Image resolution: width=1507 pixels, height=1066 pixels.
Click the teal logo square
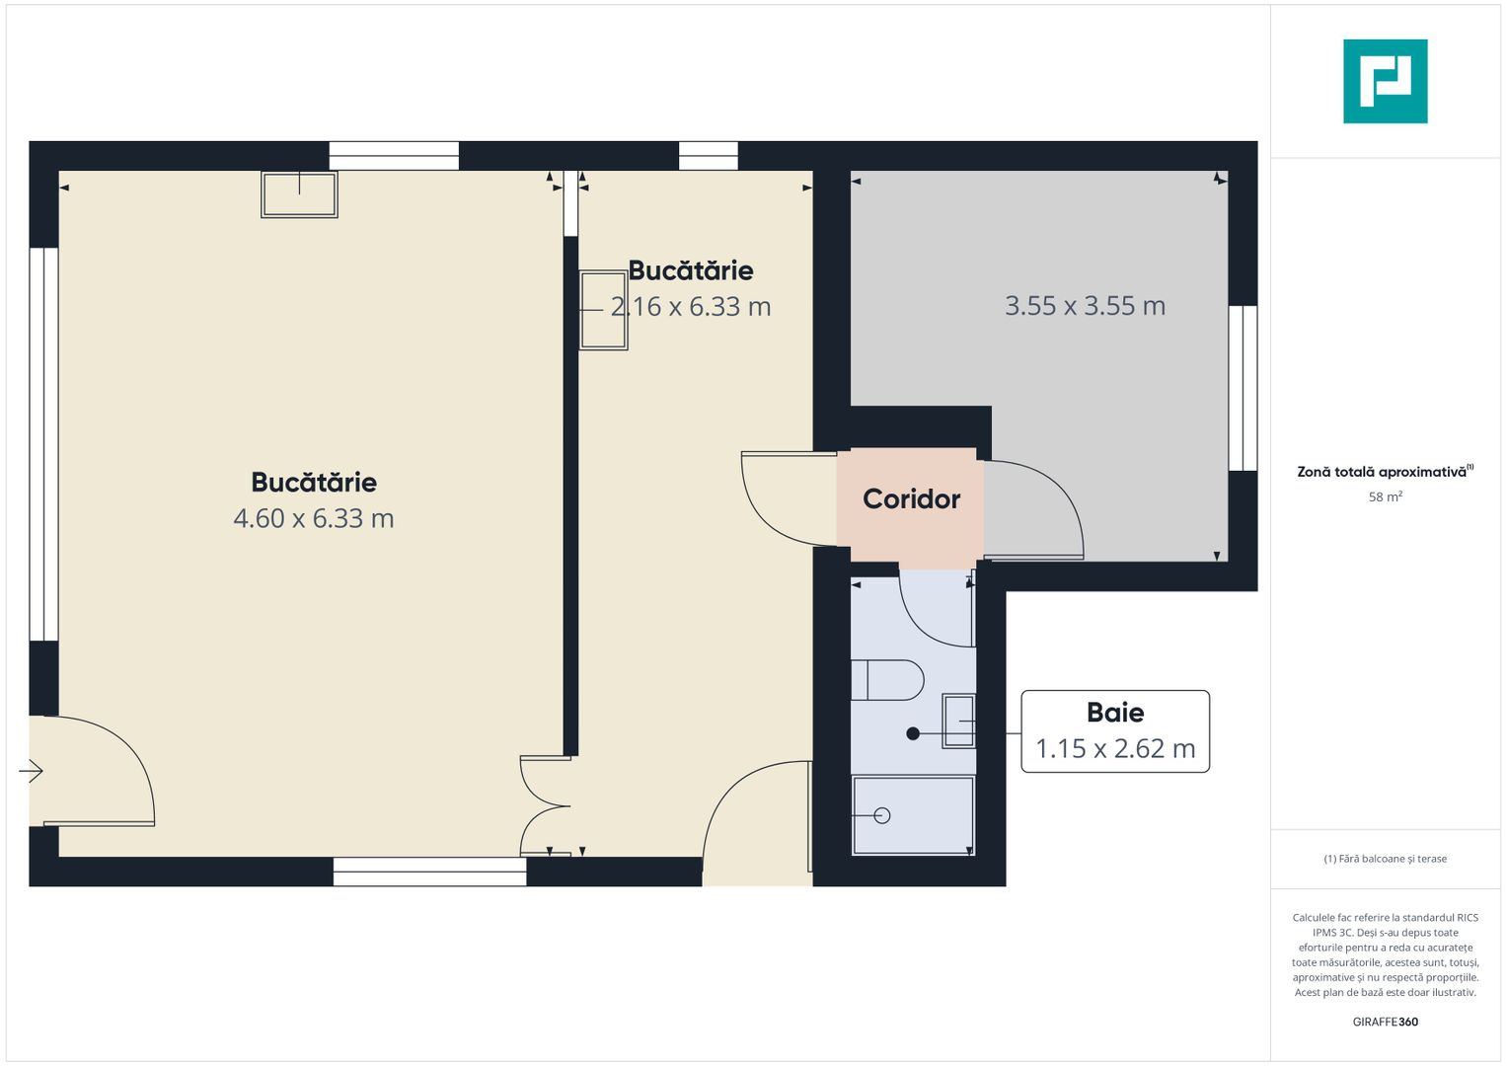1386,81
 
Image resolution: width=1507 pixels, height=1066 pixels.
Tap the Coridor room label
911,499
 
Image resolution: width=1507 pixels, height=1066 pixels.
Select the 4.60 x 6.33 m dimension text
314,518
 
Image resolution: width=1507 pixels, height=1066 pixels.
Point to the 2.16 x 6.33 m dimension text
691,307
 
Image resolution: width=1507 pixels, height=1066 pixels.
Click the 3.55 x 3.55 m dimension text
1086,306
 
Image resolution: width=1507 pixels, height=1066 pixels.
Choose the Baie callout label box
1115,730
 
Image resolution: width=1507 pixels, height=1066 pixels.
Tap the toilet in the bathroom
887,680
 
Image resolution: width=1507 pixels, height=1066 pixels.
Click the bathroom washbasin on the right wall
958,721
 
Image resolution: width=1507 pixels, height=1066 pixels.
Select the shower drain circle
882,815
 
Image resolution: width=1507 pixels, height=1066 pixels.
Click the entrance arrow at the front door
31,771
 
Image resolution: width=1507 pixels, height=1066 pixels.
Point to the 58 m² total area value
1386,496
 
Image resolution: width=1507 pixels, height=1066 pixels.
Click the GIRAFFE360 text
1386,1022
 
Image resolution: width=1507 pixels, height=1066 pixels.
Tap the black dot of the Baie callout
913,733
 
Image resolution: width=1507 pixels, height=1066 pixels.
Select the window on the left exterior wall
43,444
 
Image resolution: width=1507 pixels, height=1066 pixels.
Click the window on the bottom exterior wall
430,872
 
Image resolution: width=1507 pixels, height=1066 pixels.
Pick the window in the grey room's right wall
1243,388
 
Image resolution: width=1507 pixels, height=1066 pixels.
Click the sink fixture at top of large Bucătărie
299,194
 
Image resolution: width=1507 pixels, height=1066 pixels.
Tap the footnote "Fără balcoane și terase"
1386,859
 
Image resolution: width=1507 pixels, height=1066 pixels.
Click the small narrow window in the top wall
709,156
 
